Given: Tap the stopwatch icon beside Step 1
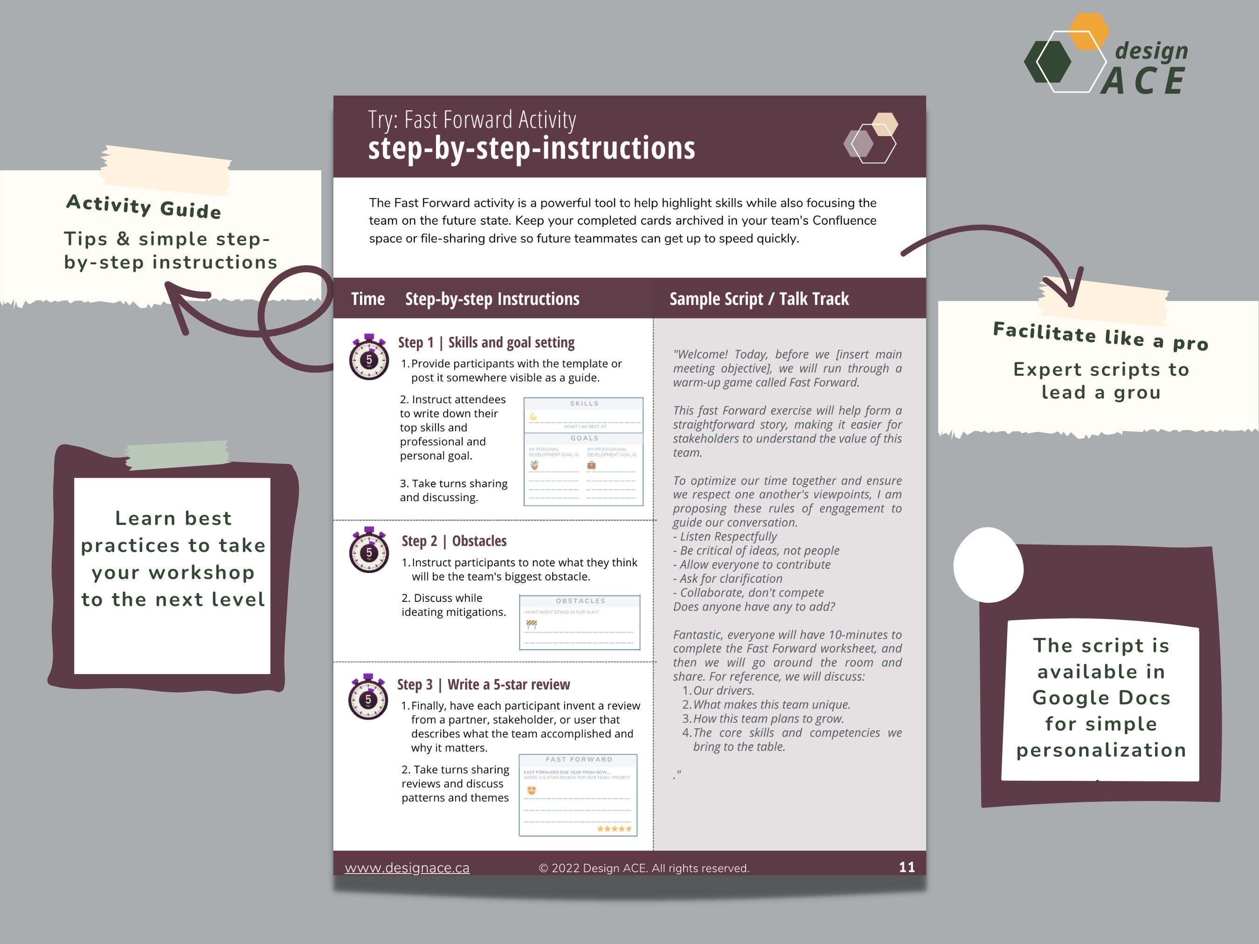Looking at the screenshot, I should (x=369, y=358).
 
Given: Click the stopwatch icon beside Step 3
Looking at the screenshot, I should (x=368, y=697).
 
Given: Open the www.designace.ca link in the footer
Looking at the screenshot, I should (x=407, y=868).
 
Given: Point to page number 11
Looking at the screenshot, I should (x=906, y=867).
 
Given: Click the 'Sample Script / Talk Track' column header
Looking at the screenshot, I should (x=759, y=299).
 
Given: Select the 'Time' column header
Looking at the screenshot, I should (x=368, y=299).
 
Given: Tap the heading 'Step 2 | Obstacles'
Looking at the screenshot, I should (x=454, y=541).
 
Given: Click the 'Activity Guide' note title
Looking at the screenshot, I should (x=144, y=206).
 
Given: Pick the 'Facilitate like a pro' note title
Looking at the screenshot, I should (x=1100, y=336).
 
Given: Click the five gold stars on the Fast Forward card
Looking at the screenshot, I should (x=614, y=828).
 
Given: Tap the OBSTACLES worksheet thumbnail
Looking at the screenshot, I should (x=580, y=622).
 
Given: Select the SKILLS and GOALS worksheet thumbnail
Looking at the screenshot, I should (x=583, y=451).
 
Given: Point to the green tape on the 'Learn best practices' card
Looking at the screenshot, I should (x=177, y=455).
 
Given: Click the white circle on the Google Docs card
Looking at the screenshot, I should (x=988, y=565).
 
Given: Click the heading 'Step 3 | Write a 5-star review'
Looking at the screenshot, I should (x=483, y=684).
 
